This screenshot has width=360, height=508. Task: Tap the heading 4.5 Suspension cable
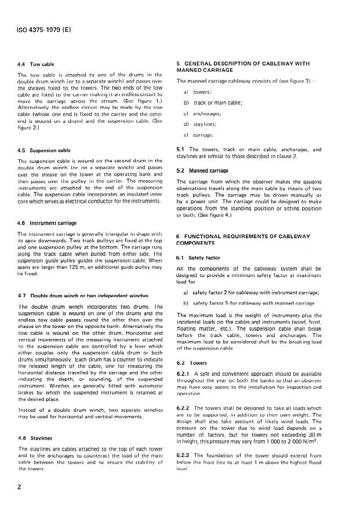43,151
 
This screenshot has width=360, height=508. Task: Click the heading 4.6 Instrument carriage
46,222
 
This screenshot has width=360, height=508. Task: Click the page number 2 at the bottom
20,487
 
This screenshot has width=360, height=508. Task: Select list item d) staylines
207,123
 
